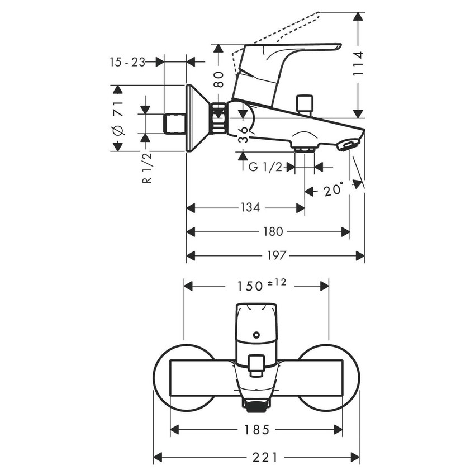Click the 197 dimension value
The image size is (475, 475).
[x=276, y=255]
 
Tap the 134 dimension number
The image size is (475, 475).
[x=250, y=208]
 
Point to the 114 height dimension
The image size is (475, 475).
[x=358, y=64]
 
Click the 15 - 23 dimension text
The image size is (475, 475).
[x=127, y=62]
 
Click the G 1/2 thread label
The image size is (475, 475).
[x=265, y=167]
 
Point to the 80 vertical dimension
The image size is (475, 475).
[x=218, y=78]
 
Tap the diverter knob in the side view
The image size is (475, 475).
[x=306, y=104]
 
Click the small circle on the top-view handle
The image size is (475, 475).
[x=256, y=335]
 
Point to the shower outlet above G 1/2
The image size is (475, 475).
[x=304, y=149]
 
